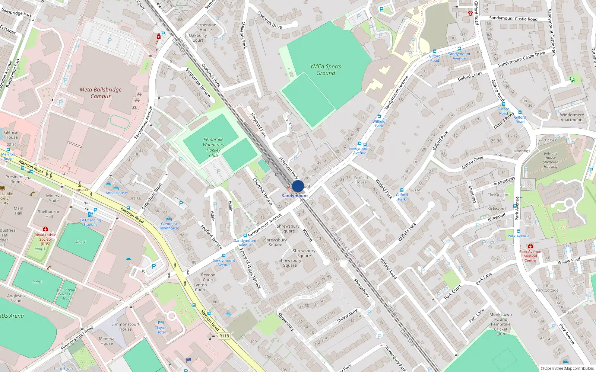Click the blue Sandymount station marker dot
[298, 186]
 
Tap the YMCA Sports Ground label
[326, 70]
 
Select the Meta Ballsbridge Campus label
[101, 93]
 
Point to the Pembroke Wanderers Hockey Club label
[213, 147]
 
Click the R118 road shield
[224, 336]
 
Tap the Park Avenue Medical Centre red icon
[530, 246]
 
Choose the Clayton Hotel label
[161, 330]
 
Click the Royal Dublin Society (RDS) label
[45, 239]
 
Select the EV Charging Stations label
[90, 222]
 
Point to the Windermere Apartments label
[572, 117]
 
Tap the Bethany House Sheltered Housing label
[551, 160]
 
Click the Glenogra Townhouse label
[169, 226]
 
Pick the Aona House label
[116, 193]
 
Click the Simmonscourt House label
[125, 327]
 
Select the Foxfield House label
[361, 180]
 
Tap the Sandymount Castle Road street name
[513, 19]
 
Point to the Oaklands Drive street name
[269, 20]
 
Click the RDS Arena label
[12, 316]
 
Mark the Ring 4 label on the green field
[80, 242]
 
